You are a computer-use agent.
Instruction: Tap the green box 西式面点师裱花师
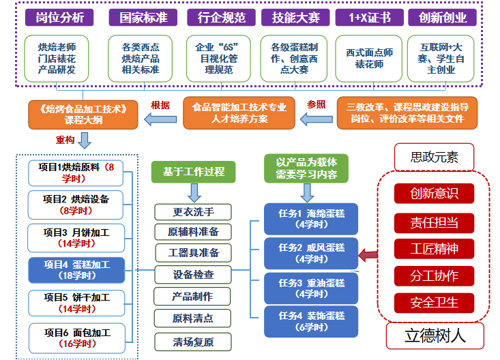click(369, 58)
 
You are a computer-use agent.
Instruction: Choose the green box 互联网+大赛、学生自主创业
click(446, 58)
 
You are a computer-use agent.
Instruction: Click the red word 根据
click(160, 105)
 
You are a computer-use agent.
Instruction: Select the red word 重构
click(65, 140)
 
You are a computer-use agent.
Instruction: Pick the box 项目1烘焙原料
click(76, 172)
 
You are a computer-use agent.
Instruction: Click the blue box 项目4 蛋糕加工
click(76, 270)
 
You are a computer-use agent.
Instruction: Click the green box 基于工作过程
click(194, 171)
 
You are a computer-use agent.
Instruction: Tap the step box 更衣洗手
click(193, 211)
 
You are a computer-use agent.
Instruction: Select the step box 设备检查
click(193, 275)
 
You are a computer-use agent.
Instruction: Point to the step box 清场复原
click(193, 342)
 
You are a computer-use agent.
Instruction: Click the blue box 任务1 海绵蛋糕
click(311, 218)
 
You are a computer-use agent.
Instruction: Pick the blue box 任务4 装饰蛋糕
click(311, 321)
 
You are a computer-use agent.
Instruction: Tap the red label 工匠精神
click(434, 249)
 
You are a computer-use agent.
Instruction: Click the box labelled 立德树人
click(435, 335)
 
